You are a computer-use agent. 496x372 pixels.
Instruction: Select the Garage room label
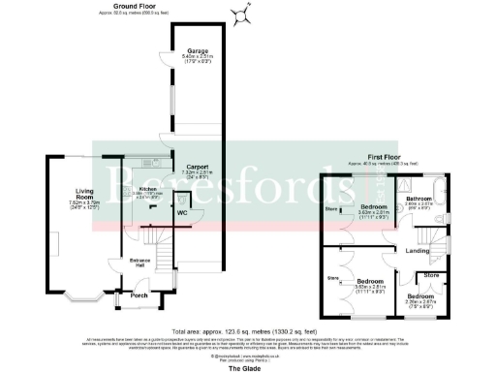tap(199, 49)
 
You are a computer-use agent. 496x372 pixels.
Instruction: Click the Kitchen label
tap(147, 189)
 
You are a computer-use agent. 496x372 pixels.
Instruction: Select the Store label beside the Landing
tap(432, 275)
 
